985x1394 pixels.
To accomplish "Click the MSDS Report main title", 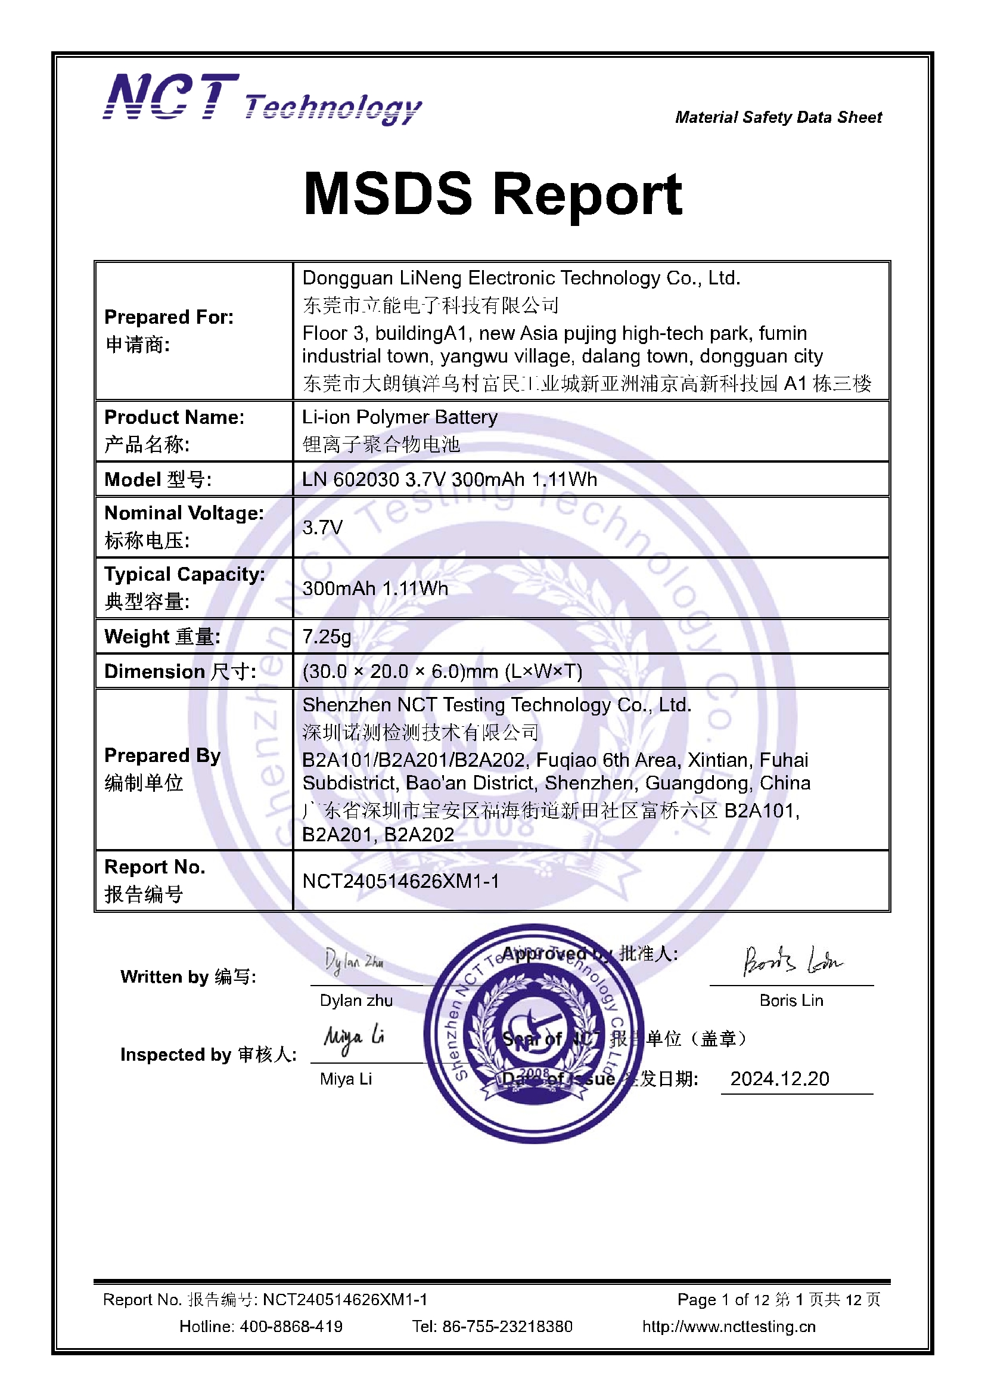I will (492, 194).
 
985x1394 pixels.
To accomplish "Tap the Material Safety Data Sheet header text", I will (778, 117).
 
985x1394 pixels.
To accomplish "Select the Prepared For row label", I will (169, 317).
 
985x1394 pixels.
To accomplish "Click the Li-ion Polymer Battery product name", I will (399, 417).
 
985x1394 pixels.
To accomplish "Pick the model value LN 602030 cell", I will (449, 479).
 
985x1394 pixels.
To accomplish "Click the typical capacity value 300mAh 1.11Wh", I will (375, 588).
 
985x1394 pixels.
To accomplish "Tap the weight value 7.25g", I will (327, 636).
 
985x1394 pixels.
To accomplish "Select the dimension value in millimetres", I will (442, 671).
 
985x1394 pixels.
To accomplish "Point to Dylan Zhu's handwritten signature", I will (354, 961).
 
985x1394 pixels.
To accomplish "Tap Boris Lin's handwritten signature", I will (792, 961).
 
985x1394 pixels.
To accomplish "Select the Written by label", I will (188, 976).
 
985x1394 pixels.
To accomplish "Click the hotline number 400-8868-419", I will (291, 1326).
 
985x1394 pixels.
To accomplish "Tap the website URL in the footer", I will (729, 1326).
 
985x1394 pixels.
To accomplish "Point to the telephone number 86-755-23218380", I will (507, 1326).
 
